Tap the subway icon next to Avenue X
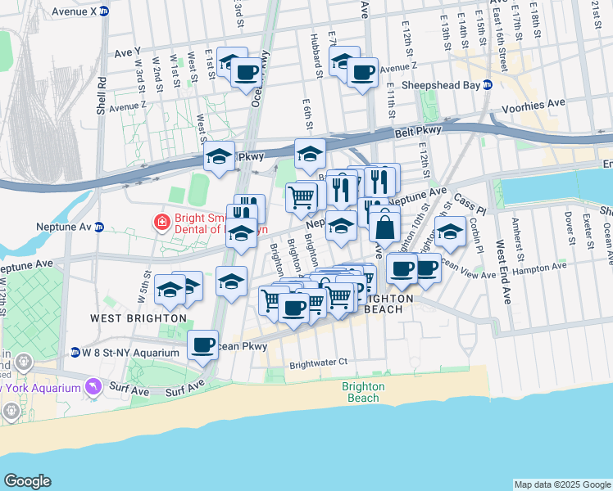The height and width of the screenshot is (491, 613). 104,11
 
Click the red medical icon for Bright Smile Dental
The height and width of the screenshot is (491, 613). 161,221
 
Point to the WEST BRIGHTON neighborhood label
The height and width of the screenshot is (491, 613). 138,318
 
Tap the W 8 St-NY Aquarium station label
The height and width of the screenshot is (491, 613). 125,352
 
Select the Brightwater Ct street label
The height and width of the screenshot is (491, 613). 319,361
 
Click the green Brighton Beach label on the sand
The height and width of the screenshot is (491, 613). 360,392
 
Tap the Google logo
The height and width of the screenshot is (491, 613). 28,481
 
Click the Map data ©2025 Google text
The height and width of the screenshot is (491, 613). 563,484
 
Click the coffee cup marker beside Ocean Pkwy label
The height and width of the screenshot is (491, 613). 202,345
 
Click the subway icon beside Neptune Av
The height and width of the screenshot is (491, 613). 99,227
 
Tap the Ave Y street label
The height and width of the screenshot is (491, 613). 128,52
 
